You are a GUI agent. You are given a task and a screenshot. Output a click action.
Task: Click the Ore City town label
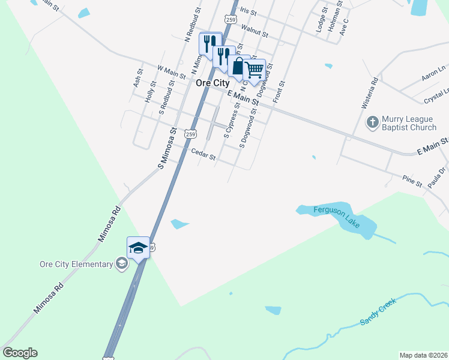(x=212, y=83)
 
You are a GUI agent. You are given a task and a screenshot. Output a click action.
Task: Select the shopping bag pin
(x=238, y=65)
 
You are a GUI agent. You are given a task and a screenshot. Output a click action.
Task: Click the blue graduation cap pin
(x=138, y=248)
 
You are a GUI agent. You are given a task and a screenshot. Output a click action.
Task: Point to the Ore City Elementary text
(x=76, y=264)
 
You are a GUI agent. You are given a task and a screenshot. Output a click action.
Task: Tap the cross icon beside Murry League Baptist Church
(x=372, y=122)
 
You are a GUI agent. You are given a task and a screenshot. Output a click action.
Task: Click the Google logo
(x=20, y=353)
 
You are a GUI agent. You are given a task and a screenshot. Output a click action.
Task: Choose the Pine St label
(x=412, y=181)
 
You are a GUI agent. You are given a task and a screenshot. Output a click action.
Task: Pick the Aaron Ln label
(x=433, y=74)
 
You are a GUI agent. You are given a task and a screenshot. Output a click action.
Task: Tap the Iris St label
(x=248, y=11)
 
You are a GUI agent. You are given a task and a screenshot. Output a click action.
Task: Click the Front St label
(x=279, y=91)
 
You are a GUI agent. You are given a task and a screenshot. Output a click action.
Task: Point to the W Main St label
(x=171, y=73)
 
